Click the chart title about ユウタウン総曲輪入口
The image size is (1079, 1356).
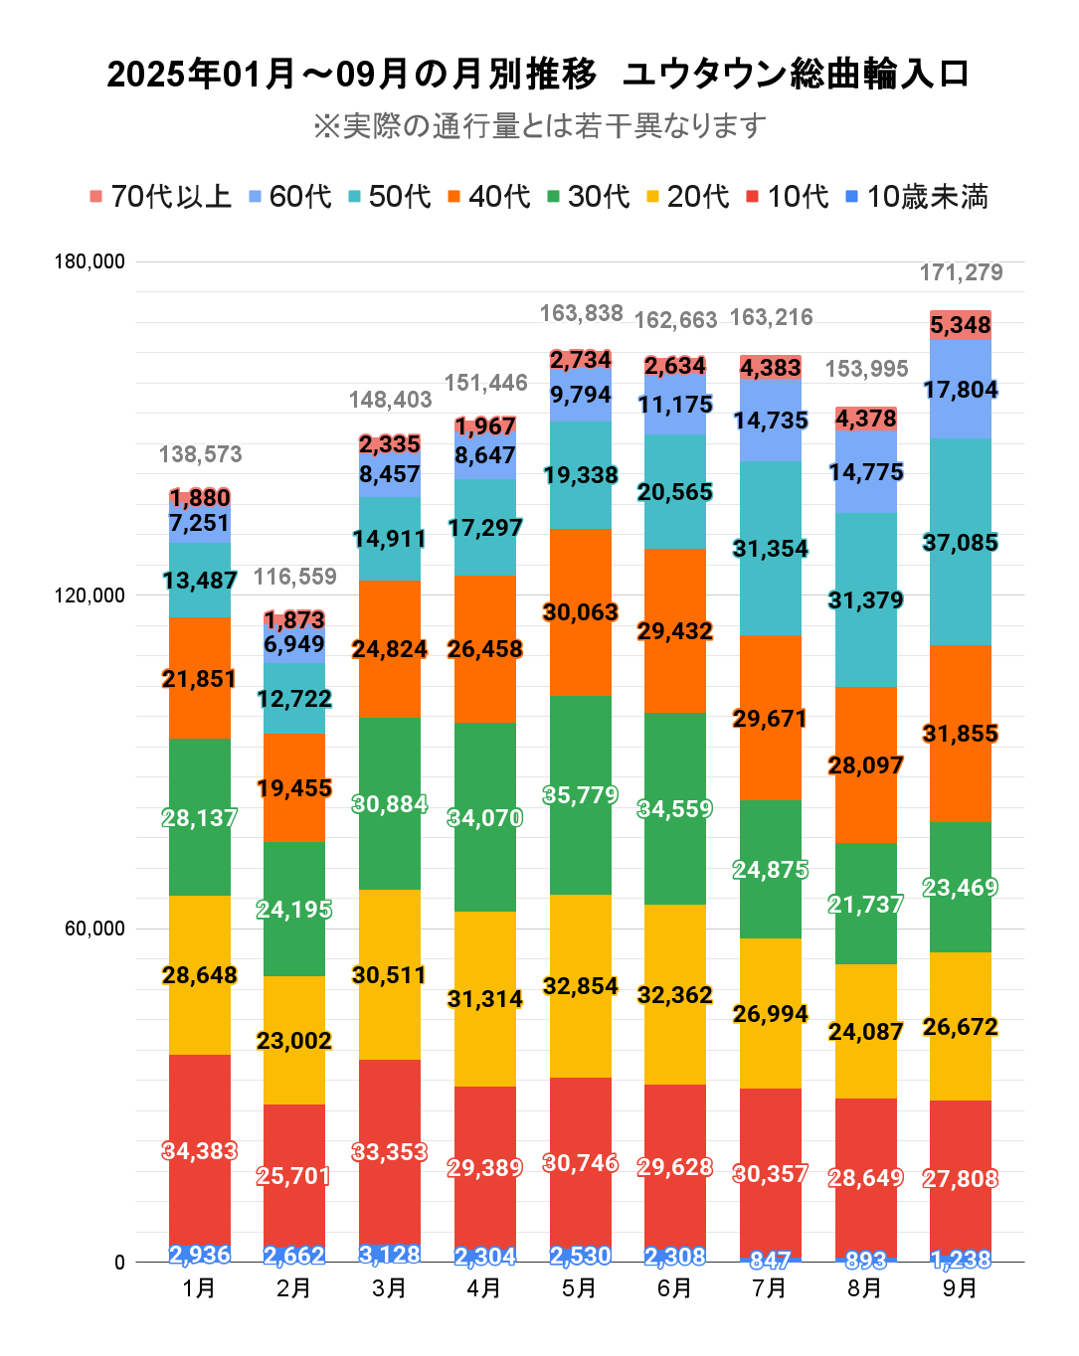click(x=538, y=75)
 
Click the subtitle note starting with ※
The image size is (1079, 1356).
click(x=538, y=126)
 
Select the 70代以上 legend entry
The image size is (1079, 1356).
click(x=160, y=197)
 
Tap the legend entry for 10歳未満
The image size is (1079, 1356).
click(x=916, y=197)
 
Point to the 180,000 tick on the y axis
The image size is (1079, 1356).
click(x=90, y=261)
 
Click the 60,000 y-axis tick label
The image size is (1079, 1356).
click(x=94, y=929)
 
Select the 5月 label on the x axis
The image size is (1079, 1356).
click(x=580, y=1288)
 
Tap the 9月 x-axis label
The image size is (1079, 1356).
click(x=961, y=1288)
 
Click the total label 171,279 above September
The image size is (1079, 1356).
click(x=961, y=272)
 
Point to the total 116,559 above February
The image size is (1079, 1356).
click(x=295, y=577)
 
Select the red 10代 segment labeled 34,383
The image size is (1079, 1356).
click(x=200, y=1151)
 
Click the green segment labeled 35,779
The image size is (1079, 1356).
click(x=581, y=795)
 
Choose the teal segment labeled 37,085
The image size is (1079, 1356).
click(x=961, y=543)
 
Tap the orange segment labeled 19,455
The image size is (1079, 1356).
click(x=294, y=788)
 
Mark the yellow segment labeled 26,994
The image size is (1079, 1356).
click(x=771, y=1014)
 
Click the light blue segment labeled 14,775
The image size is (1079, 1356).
click(x=866, y=472)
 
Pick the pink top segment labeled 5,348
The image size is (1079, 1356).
click(x=961, y=325)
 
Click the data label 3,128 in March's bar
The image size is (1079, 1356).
click(x=390, y=1255)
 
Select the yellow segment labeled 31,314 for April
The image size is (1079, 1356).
click(x=485, y=999)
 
